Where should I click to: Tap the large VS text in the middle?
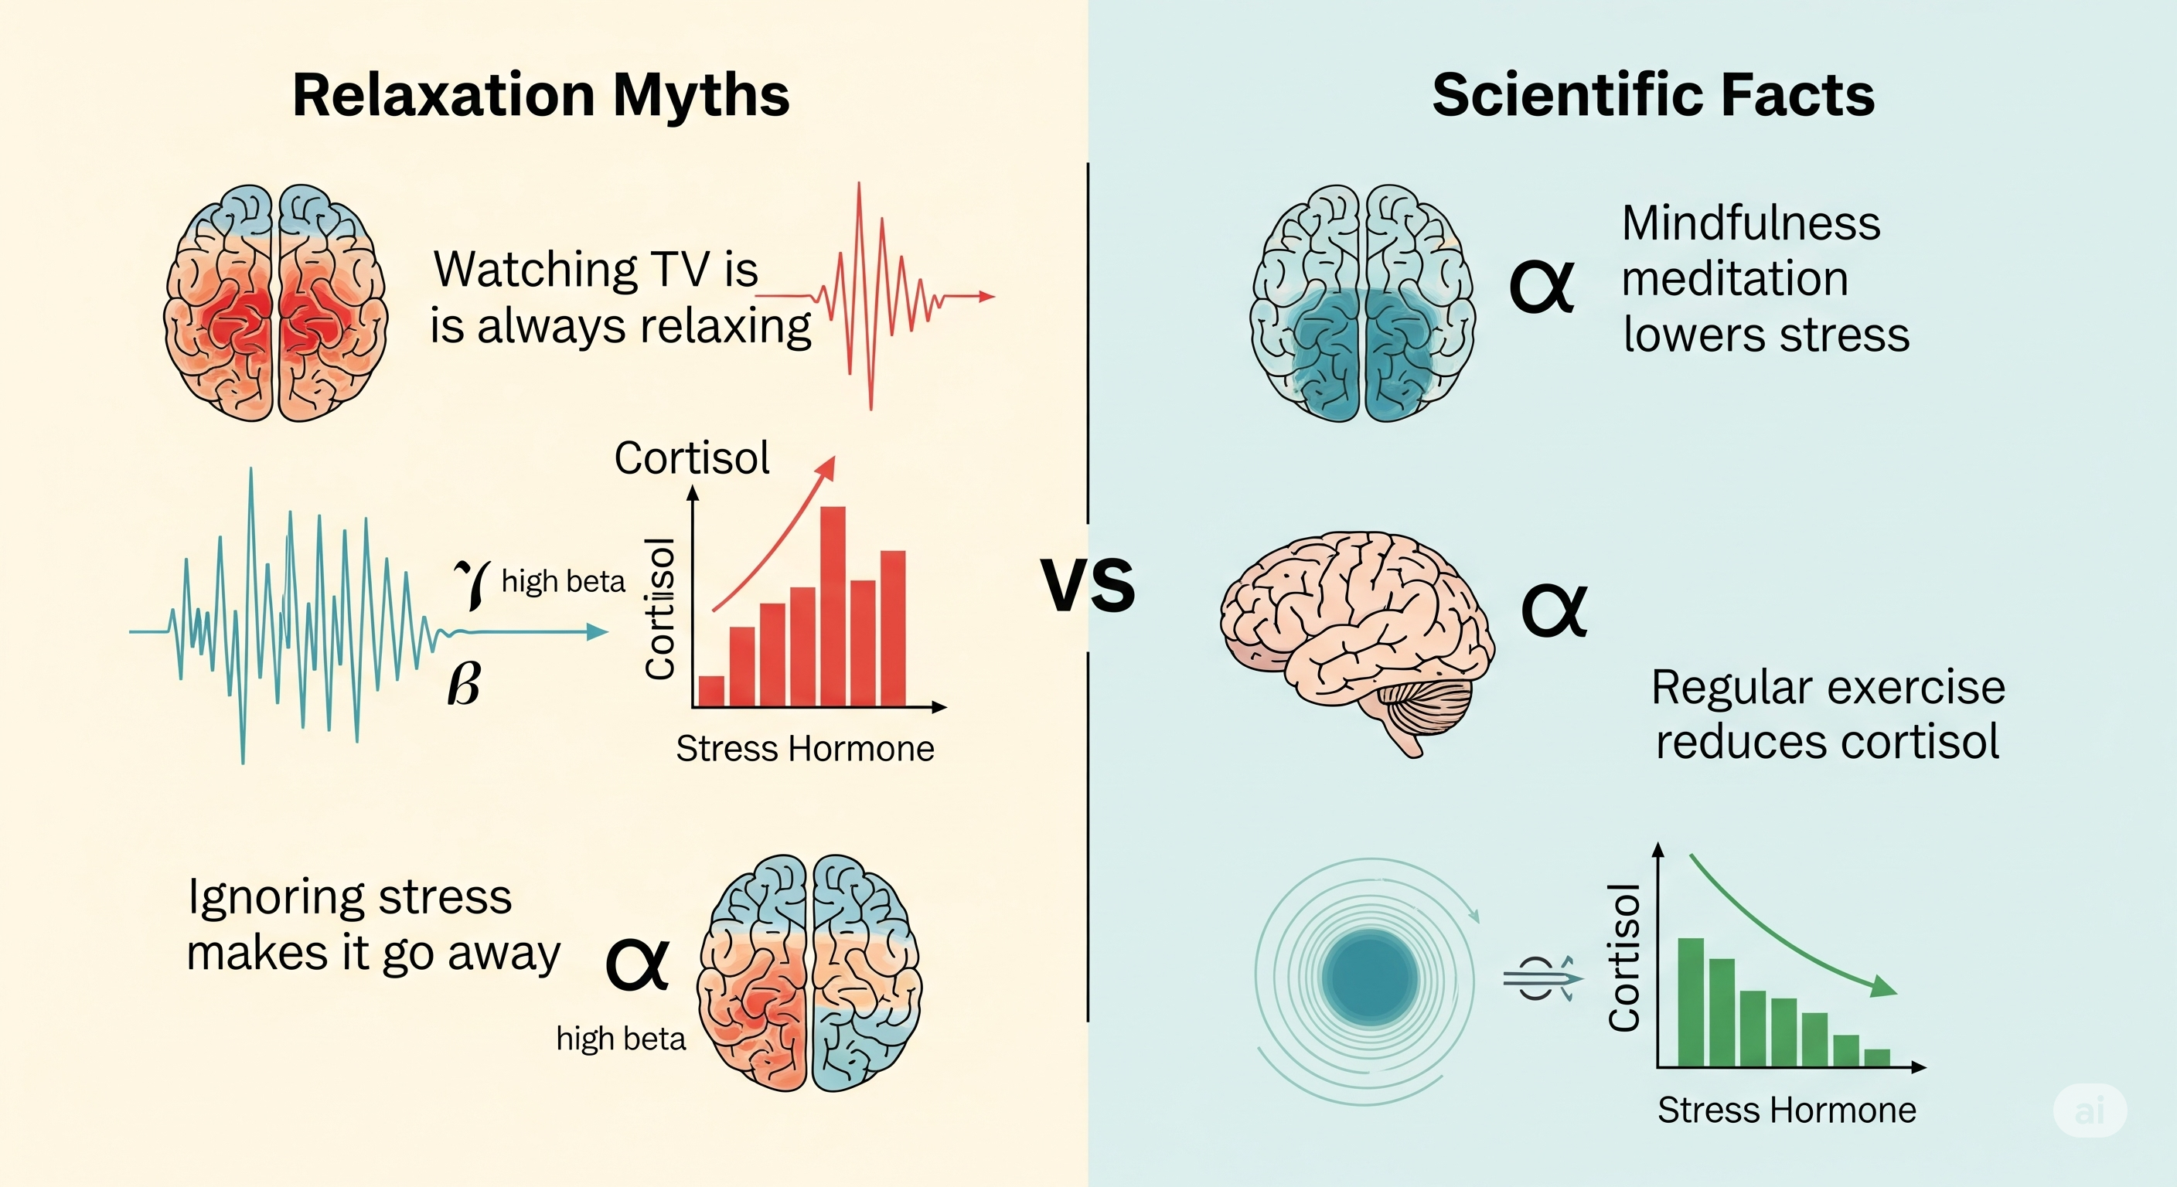[x=1088, y=585]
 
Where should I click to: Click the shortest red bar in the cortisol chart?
[x=711, y=690]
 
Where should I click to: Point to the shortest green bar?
[x=1877, y=1057]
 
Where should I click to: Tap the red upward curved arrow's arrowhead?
[x=827, y=468]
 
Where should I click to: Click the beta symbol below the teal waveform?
[x=463, y=683]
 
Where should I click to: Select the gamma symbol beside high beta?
[x=472, y=583]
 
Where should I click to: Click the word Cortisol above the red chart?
[x=691, y=458]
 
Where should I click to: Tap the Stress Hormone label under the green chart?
[x=1787, y=1109]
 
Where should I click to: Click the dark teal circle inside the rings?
[x=1370, y=977]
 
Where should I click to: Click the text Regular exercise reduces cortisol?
[x=1827, y=714]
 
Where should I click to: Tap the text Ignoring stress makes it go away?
[x=373, y=924]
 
